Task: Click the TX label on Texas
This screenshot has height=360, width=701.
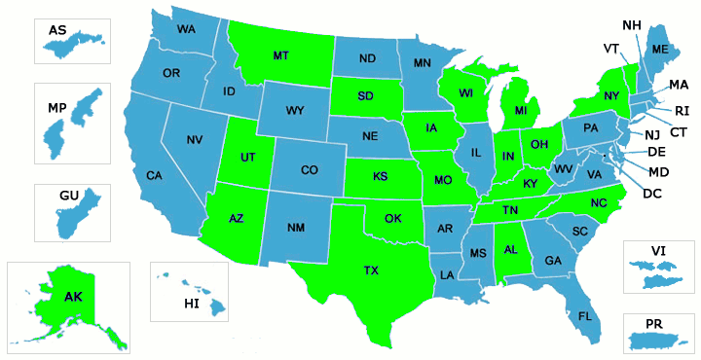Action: click(371, 270)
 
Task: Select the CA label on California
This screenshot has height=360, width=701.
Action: click(154, 175)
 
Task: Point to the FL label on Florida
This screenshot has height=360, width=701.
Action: click(585, 316)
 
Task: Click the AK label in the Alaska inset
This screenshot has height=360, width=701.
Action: click(73, 296)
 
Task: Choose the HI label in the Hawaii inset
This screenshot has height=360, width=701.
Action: click(192, 305)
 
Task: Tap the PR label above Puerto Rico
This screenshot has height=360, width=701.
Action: click(654, 321)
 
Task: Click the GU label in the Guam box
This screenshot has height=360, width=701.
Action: click(68, 196)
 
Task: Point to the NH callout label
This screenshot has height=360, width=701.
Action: click(631, 24)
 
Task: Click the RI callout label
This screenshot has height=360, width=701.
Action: click(682, 110)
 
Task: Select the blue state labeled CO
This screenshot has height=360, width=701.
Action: click(309, 170)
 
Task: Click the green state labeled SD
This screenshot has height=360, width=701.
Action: click(367, 96)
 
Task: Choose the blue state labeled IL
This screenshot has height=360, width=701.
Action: click(476, 153)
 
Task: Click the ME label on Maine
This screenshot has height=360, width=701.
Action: click(660, 49)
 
